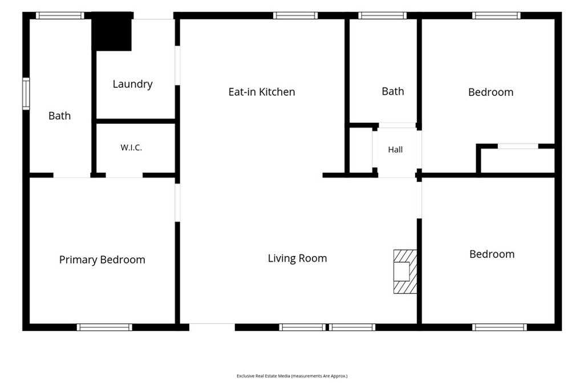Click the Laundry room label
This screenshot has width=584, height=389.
[132, 84]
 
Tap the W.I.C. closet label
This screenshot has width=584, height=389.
[131, 148]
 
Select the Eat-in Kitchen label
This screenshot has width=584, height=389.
[261, 92]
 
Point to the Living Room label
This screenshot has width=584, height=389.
[297, 258]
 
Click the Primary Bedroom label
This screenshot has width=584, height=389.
[102, 260]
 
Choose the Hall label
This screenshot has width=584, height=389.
[395, 149]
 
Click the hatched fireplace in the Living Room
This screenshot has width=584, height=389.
[405, 272]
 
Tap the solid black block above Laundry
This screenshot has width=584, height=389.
[112, 31]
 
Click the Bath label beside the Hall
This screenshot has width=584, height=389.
[393, 91]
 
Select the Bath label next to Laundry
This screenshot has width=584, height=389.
[59, 116]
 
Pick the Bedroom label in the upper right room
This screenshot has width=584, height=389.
[491, 92]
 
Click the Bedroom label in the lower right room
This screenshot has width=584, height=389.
[492, 254]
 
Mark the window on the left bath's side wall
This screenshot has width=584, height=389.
[26, 94]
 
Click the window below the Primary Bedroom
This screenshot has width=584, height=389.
[105, 327]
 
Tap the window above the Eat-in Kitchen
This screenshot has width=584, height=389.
[295, 15]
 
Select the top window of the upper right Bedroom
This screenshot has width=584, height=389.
[497, 15]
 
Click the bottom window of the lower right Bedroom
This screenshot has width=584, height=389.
[500, 327]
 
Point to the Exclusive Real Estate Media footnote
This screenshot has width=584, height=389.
[292, 376]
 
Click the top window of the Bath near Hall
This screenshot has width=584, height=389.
[383, 15]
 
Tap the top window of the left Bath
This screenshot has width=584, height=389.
[60, 15]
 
